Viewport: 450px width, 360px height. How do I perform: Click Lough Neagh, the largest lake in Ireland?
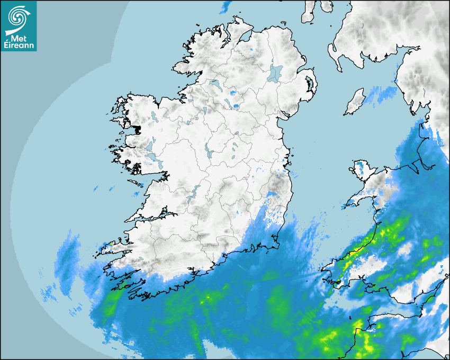click(275, 73)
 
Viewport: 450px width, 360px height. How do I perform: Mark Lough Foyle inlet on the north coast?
click(244, 37)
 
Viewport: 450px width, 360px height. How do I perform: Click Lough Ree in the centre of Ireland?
click(208, 150)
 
